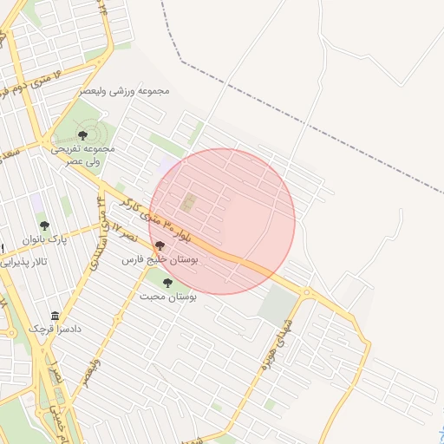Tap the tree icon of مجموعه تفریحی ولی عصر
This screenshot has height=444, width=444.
coord(83,134)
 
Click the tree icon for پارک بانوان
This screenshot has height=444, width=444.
coord(44,225)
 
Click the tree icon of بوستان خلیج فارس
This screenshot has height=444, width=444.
coord(160,245)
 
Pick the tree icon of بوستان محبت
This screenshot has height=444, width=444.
coord(167,282)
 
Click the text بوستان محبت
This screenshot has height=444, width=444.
coord(168,296)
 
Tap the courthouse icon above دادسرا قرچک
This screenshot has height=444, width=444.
coord(55,315)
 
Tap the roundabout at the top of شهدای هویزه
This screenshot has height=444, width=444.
coord(306,293)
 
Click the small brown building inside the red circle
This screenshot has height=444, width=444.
coord(187,204)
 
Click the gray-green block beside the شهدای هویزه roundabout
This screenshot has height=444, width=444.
coord(277,305)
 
